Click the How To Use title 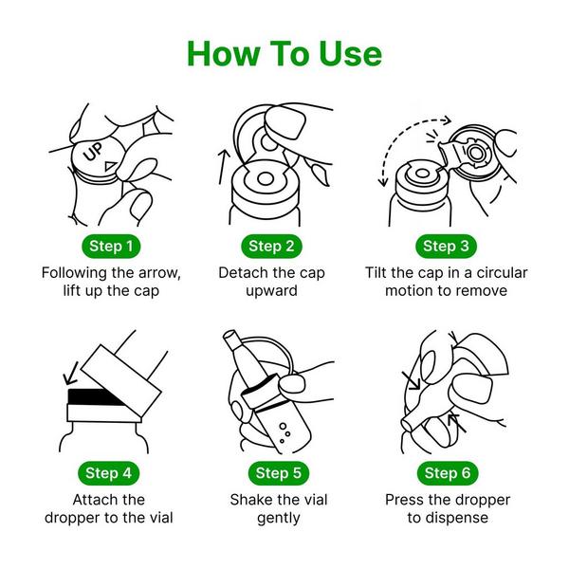pos(284,54)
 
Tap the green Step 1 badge pos(111,246)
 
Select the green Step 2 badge pos(271,246)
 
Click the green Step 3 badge pos(446,246)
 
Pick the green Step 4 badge pos(108,473)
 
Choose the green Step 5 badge pos(279,473)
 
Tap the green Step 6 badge pos(448,473)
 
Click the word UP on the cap pos(93,152)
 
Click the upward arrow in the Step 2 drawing pos(224,167)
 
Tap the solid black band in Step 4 pos(95,396)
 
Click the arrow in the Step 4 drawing pos(71,373)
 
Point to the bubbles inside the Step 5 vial pos(284,432)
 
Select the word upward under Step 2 pos(271,291)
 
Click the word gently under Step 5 pos(279,518)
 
